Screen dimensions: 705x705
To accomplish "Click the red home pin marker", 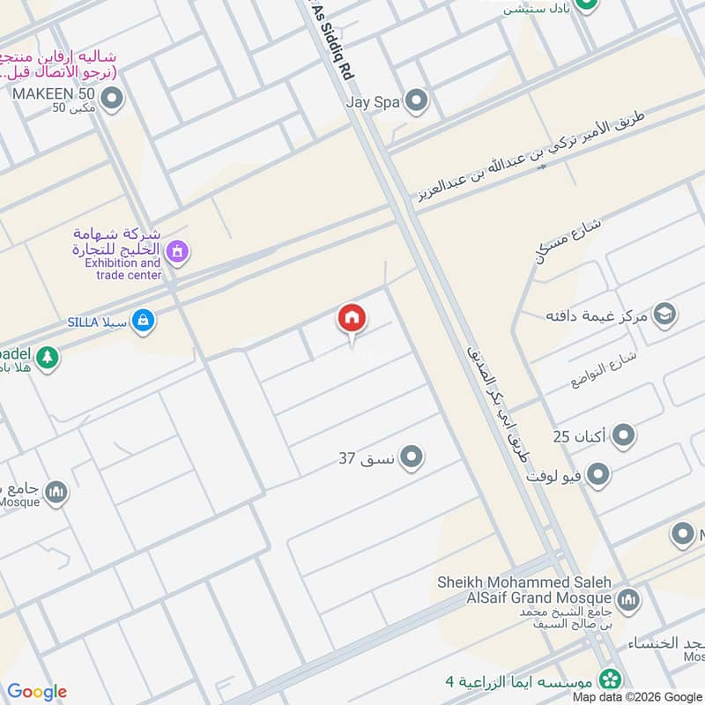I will [x=352, y=319].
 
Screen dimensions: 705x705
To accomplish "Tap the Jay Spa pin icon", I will [x=416, y=101].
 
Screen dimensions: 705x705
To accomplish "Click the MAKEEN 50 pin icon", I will [x=111, y=101].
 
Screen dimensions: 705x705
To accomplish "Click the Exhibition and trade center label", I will [x=122, y=269].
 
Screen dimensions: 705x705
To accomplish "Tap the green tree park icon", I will [x=48, y=358].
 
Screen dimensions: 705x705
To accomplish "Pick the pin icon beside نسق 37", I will [x=412, y=457].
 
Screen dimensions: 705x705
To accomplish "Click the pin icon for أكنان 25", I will [x=625, y=435].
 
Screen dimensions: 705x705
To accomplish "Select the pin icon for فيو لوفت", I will [x=599, y=476].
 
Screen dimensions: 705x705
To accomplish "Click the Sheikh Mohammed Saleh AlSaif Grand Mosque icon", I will [x=628, y=601].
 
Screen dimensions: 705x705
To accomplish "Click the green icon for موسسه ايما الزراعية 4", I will [x=608, y=680].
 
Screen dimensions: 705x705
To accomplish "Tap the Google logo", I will [x=37, y=692].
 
